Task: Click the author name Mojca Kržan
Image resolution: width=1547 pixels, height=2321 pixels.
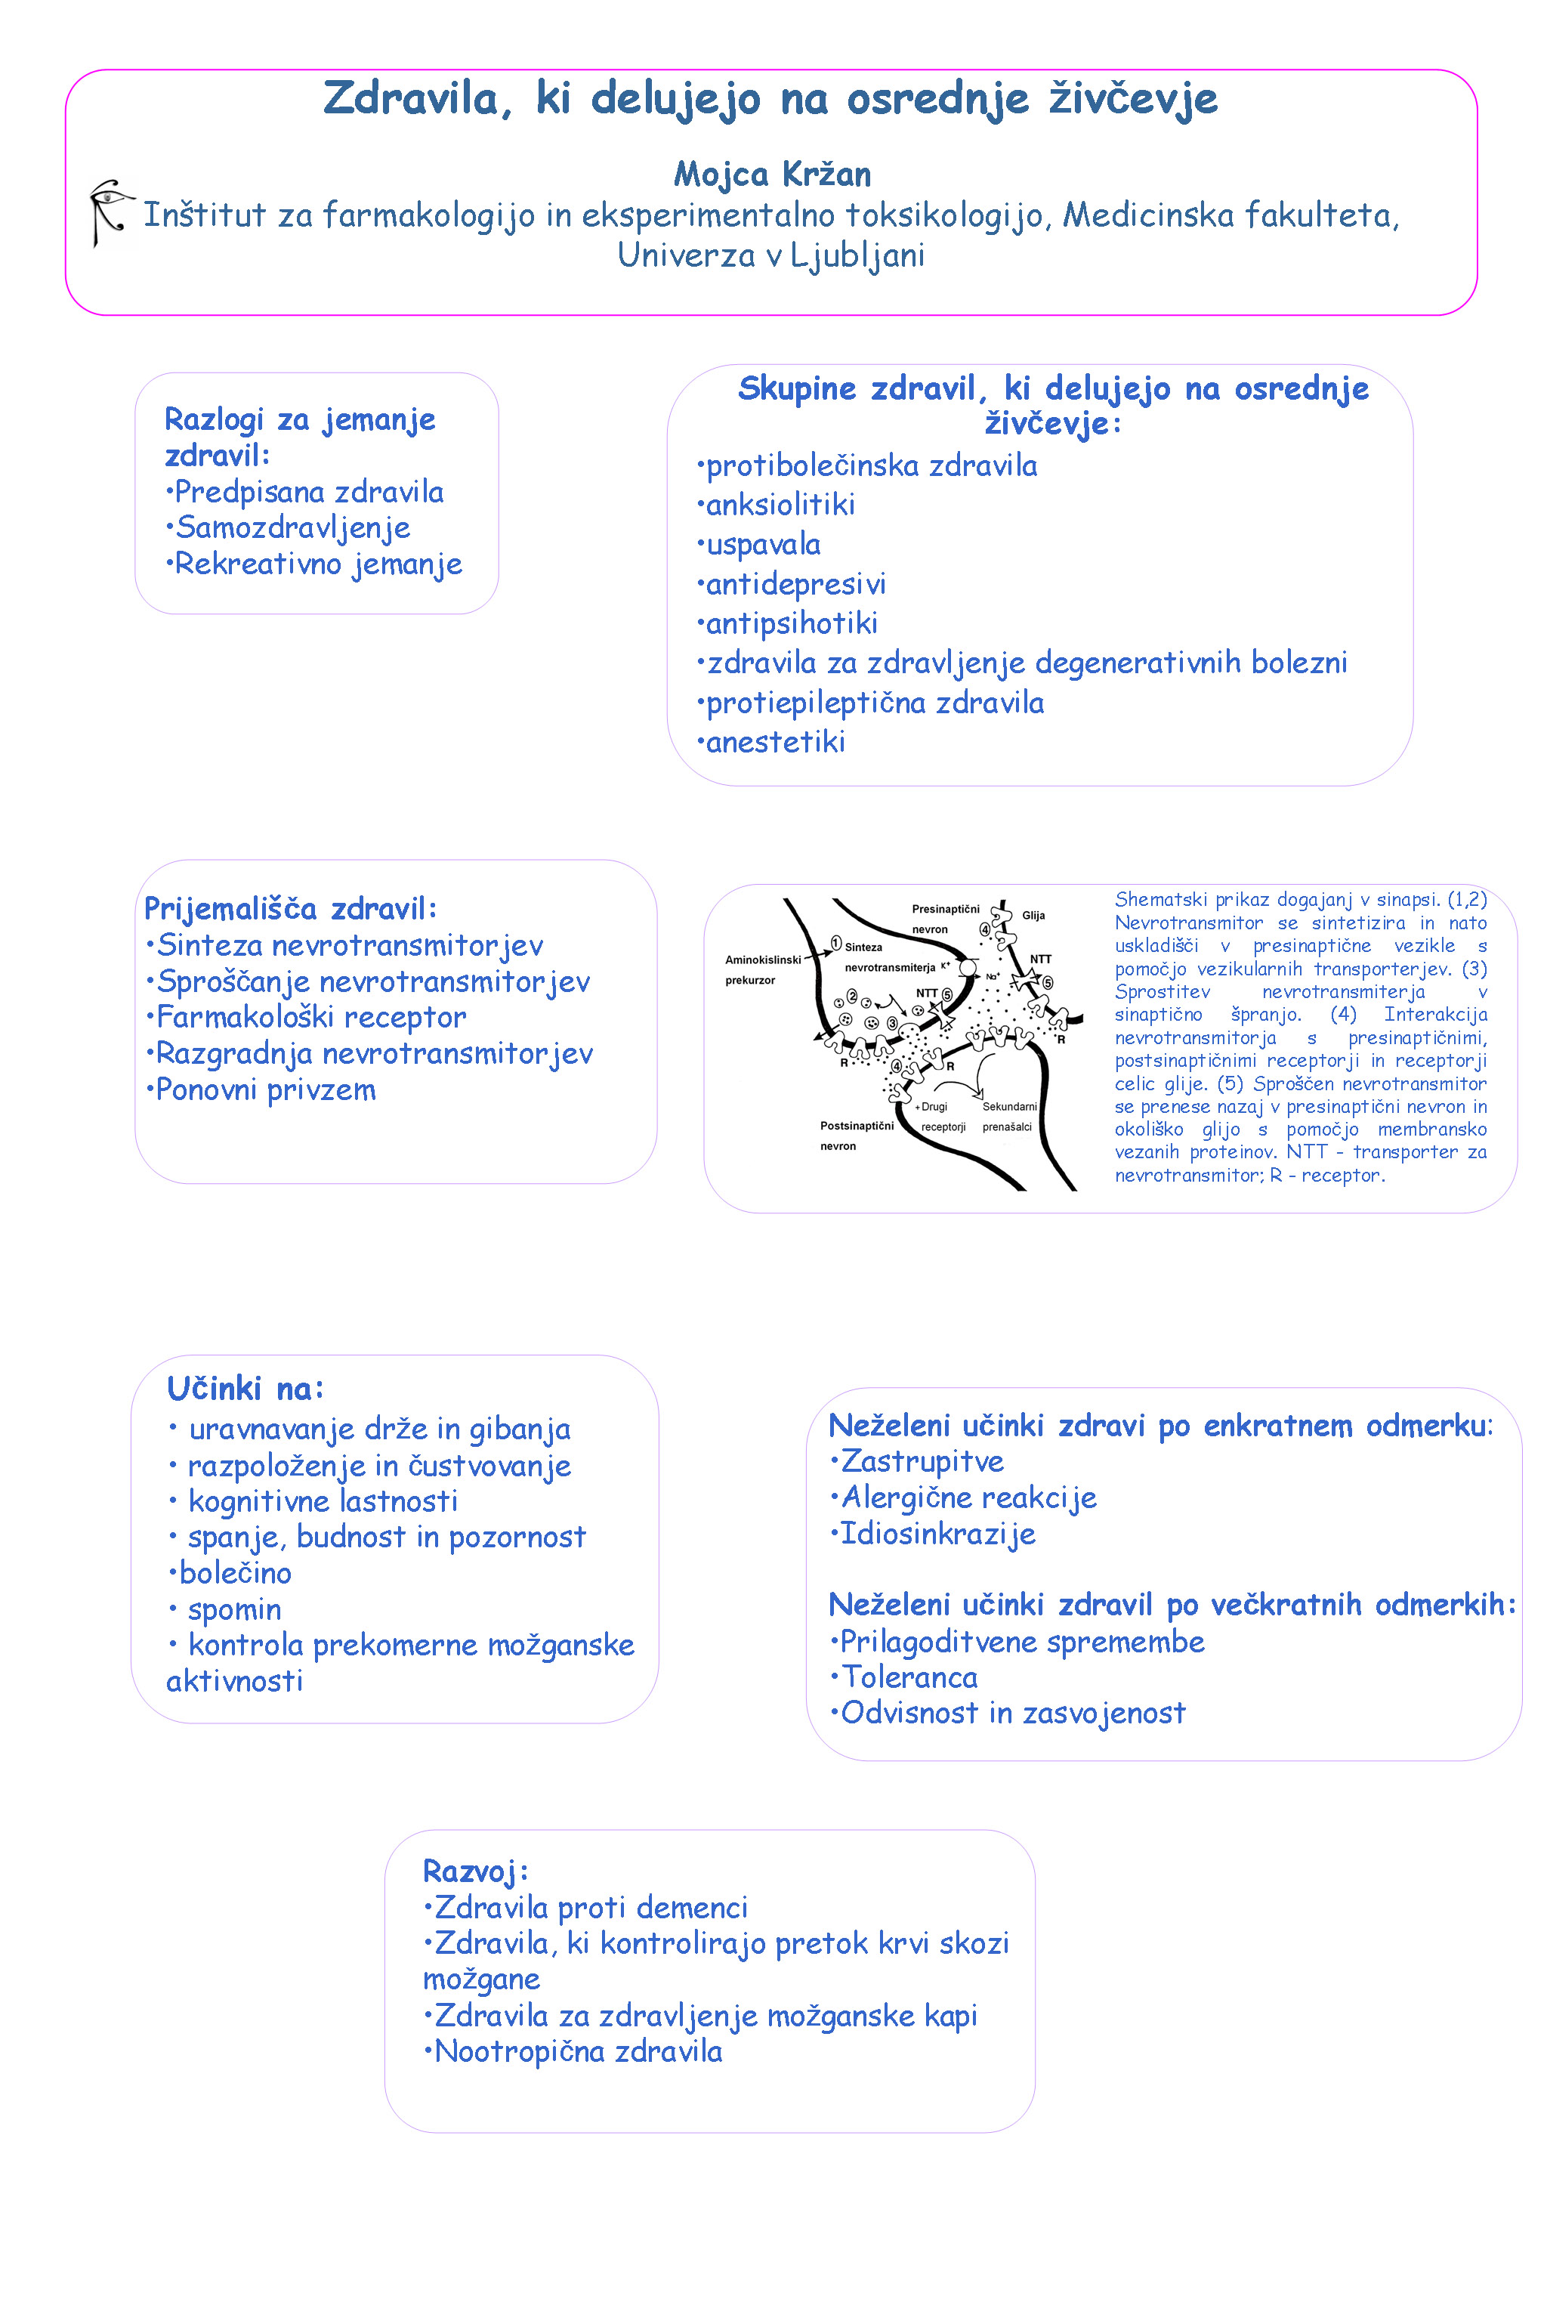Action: [773, 175]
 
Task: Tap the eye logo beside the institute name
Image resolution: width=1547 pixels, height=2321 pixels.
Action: [110, 212]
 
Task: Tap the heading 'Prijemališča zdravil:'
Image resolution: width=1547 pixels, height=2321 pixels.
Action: [290, 909]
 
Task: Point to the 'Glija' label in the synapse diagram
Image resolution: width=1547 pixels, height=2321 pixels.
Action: [1033, 916]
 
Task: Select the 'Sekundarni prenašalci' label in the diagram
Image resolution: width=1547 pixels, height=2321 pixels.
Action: [1008, 1116]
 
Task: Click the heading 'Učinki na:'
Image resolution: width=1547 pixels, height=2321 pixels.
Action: [245, 1389]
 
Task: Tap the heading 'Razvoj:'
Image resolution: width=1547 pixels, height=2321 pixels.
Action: [476, 1871]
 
